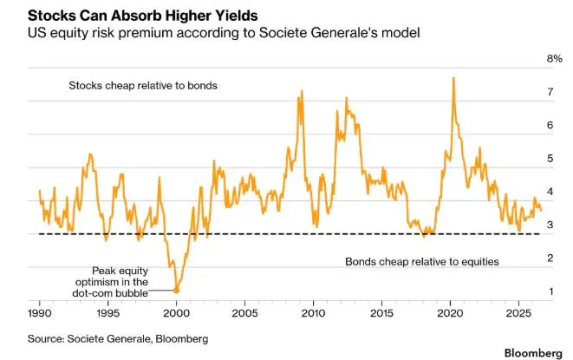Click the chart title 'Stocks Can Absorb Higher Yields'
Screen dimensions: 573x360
tap(142, 16)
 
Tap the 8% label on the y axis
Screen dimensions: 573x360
tap(555, 58)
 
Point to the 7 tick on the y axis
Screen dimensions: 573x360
tap(550, 92)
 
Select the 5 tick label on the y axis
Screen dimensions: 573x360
tap(550, 159)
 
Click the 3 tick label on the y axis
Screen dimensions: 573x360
tap(550, 225)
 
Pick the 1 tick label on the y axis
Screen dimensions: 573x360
tap(550, 291)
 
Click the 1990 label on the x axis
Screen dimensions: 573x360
tap(40, 313)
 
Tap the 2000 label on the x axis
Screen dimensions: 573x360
tap(177, 313)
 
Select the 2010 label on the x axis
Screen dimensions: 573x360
tap(313, 313)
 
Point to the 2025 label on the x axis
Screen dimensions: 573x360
tap(519, 313)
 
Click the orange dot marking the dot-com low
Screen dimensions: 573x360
tap(177, 290)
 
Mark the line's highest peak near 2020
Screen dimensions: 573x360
tap(453, 77)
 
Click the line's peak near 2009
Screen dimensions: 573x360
tap(302, 91)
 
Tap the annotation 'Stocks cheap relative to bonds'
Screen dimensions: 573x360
tap(143, 86)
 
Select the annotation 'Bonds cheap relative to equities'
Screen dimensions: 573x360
tap(422, 262)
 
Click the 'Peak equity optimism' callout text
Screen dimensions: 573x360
tap(111, 282)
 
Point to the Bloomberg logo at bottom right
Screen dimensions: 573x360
tap(533, 353)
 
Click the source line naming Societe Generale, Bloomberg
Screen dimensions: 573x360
tap(118, 339)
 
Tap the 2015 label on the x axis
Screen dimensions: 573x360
tap(382, 313)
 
